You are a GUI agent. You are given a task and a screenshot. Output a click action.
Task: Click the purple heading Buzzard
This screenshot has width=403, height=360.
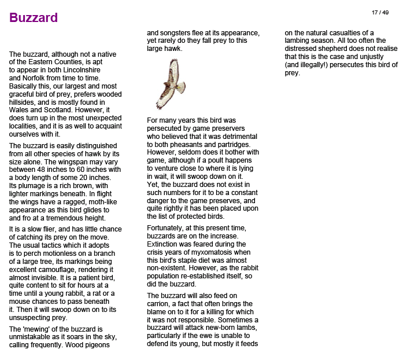(34, 18)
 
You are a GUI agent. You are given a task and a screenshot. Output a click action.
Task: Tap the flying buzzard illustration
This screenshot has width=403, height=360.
(171, 83)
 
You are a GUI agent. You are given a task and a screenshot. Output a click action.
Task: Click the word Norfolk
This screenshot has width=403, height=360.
(37, 78)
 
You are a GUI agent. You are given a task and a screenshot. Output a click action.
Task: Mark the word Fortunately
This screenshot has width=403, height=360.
(169, 228)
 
